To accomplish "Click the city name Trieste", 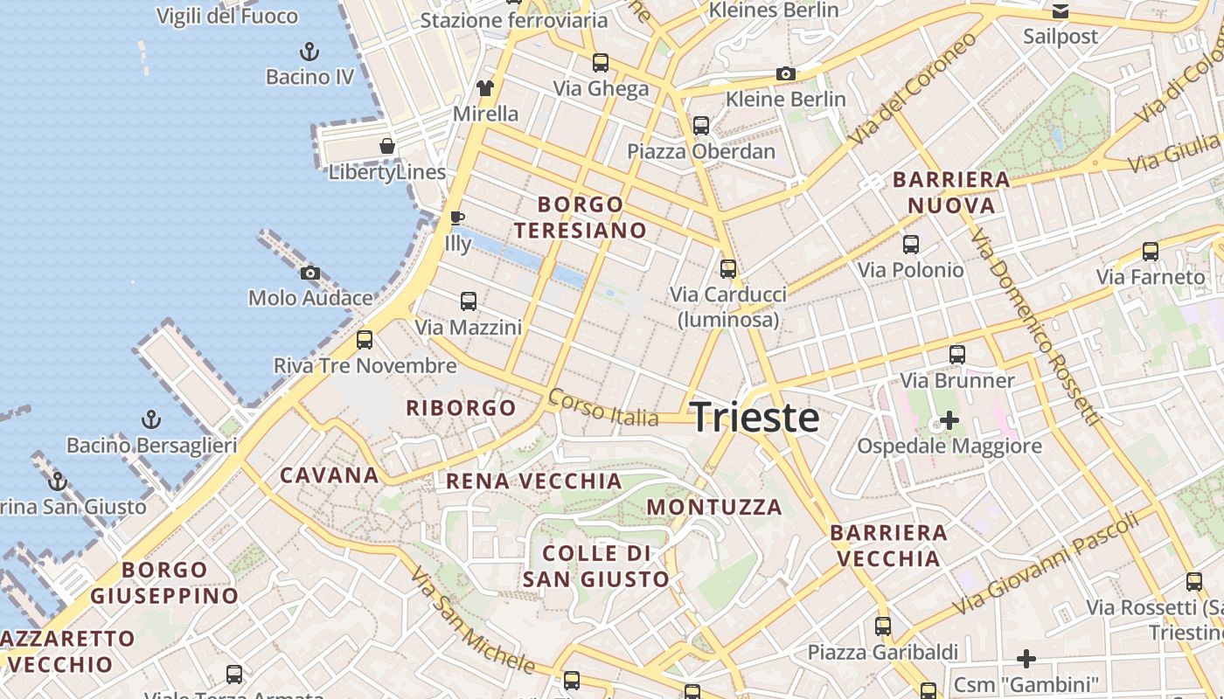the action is pyautogui.click(x=755, y=418).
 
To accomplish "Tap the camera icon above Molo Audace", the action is pyautogui.click(x=309, y=273).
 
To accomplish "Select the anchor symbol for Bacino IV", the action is pyautogui.click(x=309, y=51).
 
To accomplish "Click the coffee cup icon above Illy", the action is pyautogui.click(x=456, y=218).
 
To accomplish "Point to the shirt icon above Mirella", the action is pyautogui.click(x=485, y=87).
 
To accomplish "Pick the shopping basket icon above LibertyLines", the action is pyautogui.click(x=386, y=146).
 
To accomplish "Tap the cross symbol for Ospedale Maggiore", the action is pyautogui.click(x=949, y=421).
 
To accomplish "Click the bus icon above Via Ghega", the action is pyautogui.click(x=600, y=63).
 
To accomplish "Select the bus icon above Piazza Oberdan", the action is pyautogui.click(x=700, y=126).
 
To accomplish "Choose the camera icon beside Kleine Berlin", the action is pyautogui.click(x=786, y=74).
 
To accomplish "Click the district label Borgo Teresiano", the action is pyautogui.click(x=581, y=218).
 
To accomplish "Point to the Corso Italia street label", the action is pyautogui.click(x=603, y=408).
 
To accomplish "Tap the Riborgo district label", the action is pyautogui.click(x=461, y=408).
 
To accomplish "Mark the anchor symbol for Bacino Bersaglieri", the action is pyautogui.click(x=151, y=420).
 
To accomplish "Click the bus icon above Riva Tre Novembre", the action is pyautogui.click(x=365, y=340).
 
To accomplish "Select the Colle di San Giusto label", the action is pyautogui.click(x=596, y=566).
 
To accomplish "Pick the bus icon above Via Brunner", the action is pyautogui.click(x=957, y=355).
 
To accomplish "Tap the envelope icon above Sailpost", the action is pyautogui.click(x=1060, y=11).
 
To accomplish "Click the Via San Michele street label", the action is pyautogui.click(x=472, y=621).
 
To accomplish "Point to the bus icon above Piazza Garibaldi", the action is pyautogui.click(x=883, y=626).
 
